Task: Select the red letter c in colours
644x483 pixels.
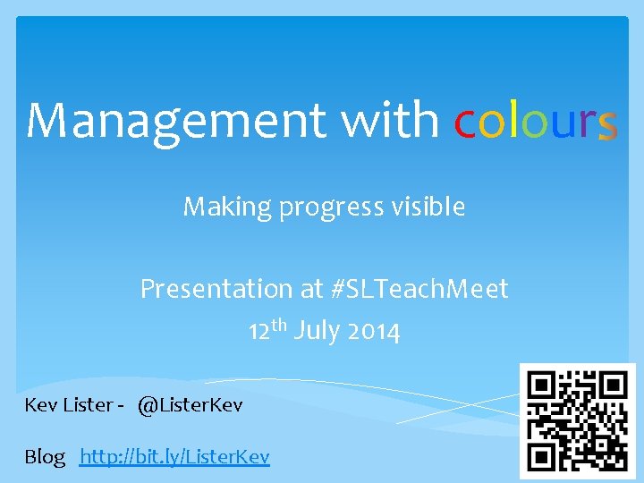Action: (x=465, y=123)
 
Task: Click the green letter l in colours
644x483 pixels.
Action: (x=513, y=120)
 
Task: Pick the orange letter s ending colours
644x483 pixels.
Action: (x=607, y=124)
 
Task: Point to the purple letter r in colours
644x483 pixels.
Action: (x=586, y=123)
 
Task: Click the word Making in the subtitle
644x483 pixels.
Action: (x=214, y=208)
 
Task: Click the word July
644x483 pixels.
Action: (x=317, y=332)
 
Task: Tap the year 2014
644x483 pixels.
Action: (x=374, y=332)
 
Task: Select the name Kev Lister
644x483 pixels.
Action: (x=67, y=405)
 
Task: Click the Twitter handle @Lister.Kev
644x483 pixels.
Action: (x=190, y=405)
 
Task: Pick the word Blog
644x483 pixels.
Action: (x=45, y=458)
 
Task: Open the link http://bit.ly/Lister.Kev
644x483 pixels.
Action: (x=174, y=457)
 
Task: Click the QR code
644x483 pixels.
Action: (x=578, y=421)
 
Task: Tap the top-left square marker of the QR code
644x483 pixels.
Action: (x=542, y=386)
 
